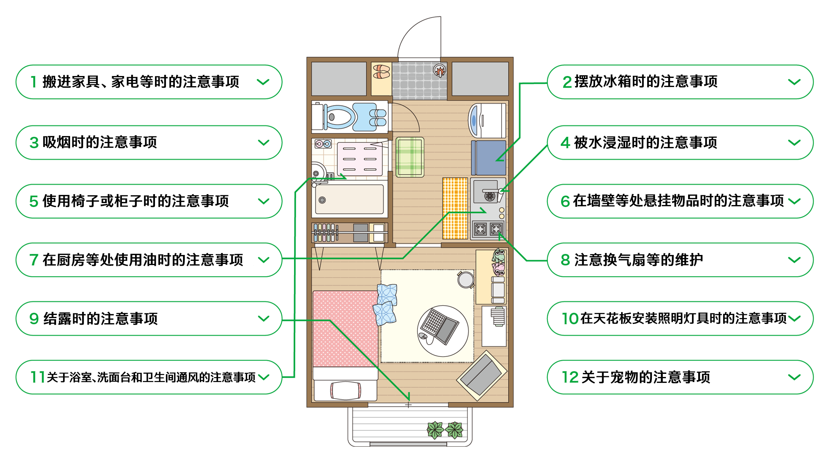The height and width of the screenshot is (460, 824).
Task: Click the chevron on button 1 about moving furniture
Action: [263, 82]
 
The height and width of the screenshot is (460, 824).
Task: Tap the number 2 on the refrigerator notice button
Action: [567, 82]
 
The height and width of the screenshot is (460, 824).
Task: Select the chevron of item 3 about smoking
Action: [264, 143]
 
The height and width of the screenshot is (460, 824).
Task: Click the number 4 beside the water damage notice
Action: [565, 143]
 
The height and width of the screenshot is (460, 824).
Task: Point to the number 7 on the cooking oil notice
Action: [34, 260]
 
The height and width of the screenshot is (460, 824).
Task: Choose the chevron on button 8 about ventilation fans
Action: [794, 260]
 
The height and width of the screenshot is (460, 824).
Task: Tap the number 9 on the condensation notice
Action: [34, 319]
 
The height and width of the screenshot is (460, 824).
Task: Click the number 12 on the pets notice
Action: [570, 377]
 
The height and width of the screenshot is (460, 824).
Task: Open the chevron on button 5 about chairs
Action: [264, 202]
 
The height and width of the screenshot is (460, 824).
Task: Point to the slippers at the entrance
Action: [381, 72]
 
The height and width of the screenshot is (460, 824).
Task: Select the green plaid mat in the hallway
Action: [410, 157]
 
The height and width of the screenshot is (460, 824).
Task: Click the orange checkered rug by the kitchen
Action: [455, 208]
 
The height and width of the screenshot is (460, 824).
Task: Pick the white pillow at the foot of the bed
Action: [345, 390]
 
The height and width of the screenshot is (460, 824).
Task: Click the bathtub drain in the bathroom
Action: [322, 200]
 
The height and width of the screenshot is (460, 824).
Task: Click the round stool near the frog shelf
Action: [466, 280]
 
